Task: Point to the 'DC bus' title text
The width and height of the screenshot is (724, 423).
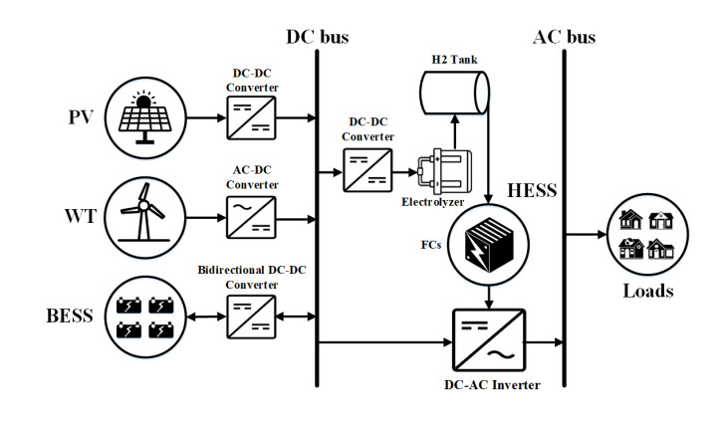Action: point(318,38)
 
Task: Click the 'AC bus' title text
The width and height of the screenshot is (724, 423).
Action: point(564,38)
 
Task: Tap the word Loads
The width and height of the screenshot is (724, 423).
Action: point(648,292)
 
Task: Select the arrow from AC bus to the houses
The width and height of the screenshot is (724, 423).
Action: point(588,235)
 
